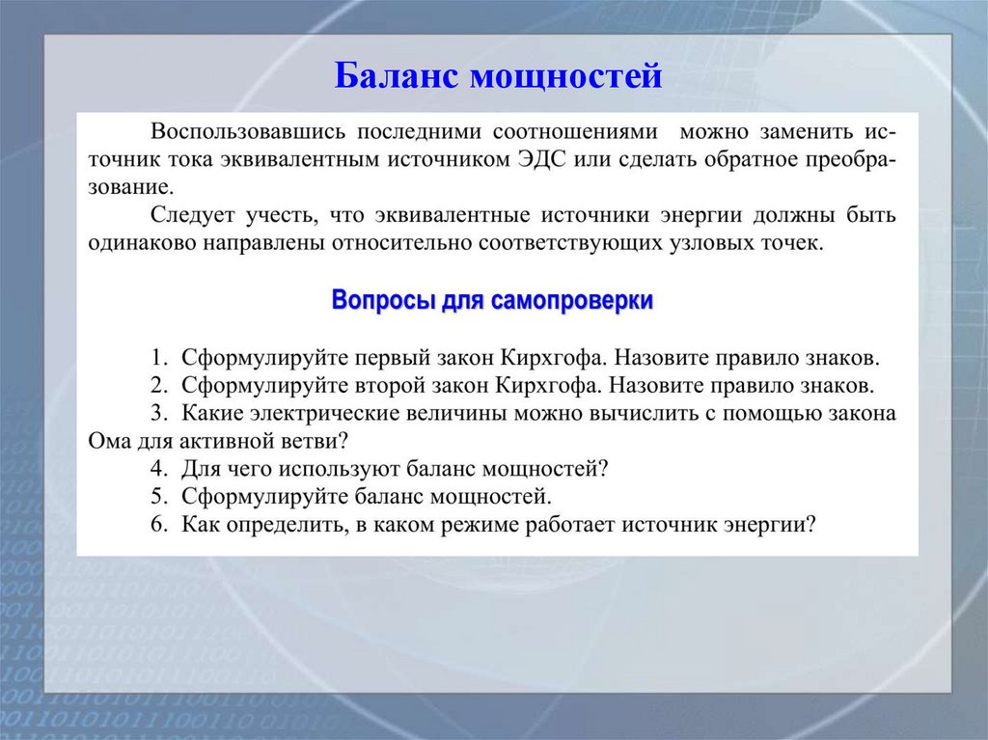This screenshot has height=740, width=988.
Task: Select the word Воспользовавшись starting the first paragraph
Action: (x=245, y=132)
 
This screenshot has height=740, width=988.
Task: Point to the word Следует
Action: (x=188, y=215)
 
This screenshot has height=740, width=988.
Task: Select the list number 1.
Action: (x=156, y=358)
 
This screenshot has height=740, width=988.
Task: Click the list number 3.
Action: (x=156, y=414)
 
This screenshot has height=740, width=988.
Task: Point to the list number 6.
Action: (x=156, y=525)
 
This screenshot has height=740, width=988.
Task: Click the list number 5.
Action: (x=156, y=498)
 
